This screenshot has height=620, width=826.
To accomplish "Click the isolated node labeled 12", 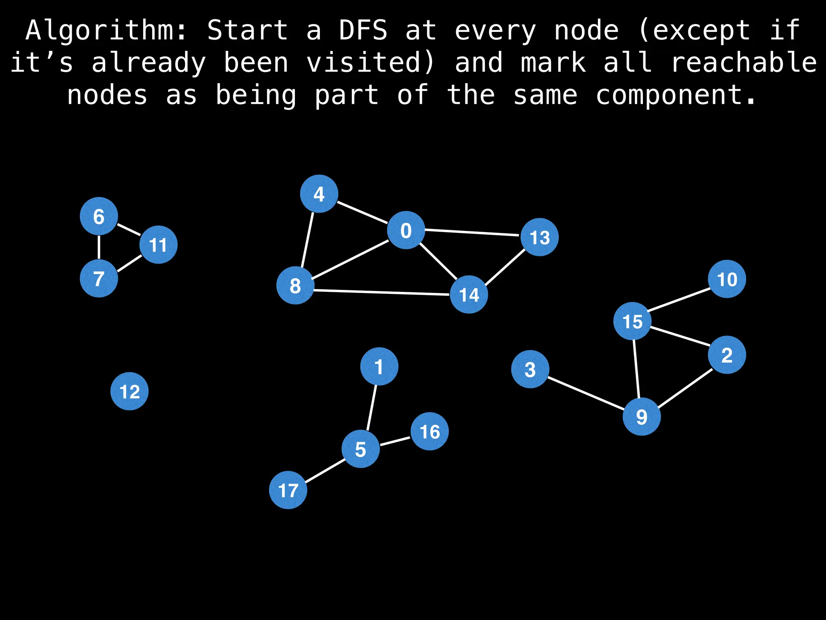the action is point(129,391).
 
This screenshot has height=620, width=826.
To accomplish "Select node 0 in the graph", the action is point(406,230).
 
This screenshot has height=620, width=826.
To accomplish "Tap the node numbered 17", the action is point(288,490).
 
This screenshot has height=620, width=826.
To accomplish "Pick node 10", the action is point(727,279).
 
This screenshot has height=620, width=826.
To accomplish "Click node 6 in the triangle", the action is point(99,216).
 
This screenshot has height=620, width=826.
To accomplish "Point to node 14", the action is point(469,294).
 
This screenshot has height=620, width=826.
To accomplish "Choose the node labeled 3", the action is point(530,369).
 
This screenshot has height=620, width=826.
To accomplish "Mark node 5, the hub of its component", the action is point(360,448).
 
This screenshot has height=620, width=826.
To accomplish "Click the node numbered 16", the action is point(430,431).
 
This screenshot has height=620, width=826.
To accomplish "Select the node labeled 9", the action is point(641,416).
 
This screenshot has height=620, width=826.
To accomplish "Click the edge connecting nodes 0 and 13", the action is point(472,232).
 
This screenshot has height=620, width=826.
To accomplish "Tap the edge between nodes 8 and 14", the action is point(382,293).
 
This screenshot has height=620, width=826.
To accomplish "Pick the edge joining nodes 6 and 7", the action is point(99,247).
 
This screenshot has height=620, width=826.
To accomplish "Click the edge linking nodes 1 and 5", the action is point(371,408).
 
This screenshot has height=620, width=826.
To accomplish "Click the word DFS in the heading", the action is point(363,31).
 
